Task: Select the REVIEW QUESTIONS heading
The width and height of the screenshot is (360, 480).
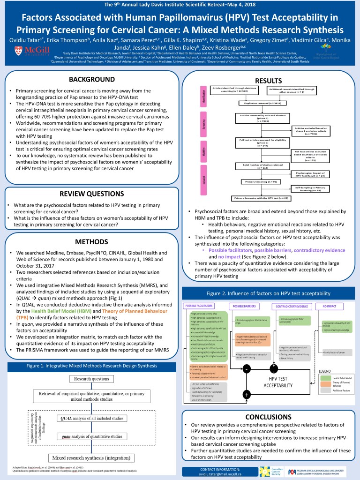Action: pos(92,193)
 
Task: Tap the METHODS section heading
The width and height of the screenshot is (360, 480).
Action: pos(92,241)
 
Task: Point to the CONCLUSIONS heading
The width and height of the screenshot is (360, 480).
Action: pos(268,417)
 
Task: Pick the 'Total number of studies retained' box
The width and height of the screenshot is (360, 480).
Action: pos(254,165)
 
